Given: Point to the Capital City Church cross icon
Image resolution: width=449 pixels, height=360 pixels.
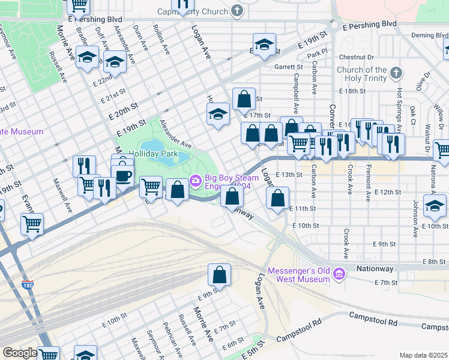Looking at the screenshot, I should click(x=237, y=11).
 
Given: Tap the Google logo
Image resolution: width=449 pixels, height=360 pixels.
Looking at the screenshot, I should click(x=19, y=353).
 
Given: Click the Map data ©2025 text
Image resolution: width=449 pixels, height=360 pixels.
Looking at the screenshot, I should click(x=423, y=355).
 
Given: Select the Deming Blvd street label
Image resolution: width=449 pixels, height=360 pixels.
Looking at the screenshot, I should click(x=429, y=35).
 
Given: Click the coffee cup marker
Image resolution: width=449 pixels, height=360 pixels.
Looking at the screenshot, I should click(x=123, y=176).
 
